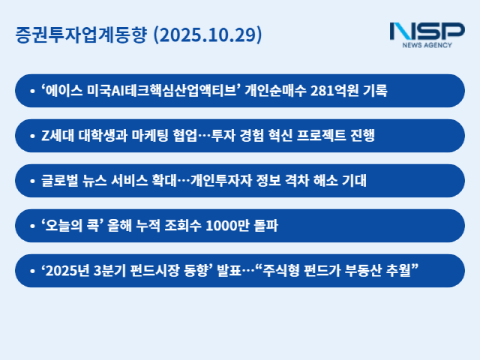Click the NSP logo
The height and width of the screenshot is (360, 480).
pos(427,31)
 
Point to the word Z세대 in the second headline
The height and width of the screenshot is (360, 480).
pos(55,136)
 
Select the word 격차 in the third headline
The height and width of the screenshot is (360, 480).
pos(305,181)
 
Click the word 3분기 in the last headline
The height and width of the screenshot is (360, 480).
pos(107,271)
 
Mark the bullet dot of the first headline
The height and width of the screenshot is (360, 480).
pos(32,91)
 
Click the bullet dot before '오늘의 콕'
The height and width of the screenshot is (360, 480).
pos(32,226)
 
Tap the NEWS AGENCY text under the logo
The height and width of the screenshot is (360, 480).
pos(427,46)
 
